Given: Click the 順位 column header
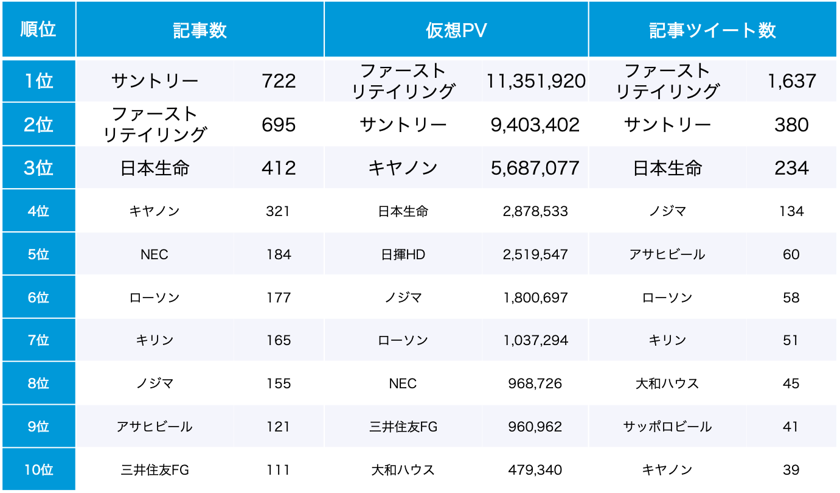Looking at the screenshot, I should [38, 30].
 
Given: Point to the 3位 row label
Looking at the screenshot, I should [38, 168].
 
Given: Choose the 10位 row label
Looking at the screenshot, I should [38, 470].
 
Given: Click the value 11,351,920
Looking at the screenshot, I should [535, 81].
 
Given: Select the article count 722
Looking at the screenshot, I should [279, 81].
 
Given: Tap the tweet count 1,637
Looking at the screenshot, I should [791, 81].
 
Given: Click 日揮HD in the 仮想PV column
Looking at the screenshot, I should [402, 254].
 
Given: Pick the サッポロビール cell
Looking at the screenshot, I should [667, 427].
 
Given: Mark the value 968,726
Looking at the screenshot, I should [535, 383].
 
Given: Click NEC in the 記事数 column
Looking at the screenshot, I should [154, 254].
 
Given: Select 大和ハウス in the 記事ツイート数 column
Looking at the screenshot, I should [667, 383].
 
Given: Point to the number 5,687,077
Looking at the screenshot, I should [535, 168].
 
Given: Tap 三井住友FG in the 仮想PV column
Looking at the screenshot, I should [402, 427].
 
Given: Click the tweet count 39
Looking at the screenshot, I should [791, 470].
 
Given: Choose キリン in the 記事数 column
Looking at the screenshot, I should [154, 340].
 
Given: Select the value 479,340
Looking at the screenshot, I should [535, 470].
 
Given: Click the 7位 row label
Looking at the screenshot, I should [38, 340].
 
